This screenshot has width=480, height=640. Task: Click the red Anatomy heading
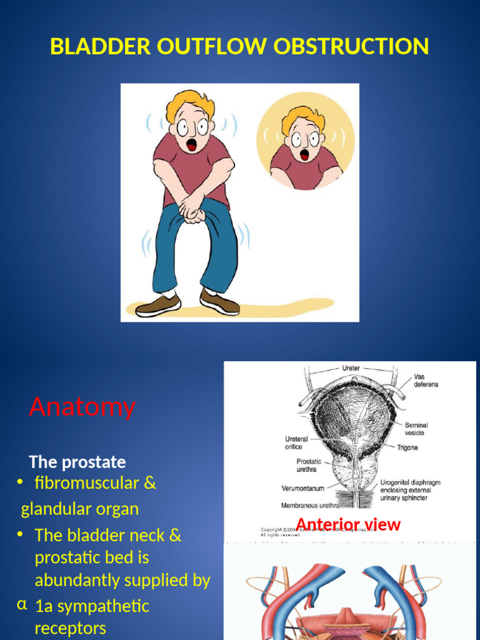82,407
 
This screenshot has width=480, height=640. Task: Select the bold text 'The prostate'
77,462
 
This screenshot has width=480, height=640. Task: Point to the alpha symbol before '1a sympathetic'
22,604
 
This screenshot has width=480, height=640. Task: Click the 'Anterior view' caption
347,524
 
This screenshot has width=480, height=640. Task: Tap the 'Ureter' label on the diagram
351,368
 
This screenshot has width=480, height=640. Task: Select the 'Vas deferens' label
426,381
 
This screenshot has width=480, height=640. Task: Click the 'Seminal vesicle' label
416,429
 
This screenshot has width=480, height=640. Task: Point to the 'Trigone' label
407,447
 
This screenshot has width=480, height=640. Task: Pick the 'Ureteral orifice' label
297,443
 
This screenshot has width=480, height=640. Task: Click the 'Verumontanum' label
302,488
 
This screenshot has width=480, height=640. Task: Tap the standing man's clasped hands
192,212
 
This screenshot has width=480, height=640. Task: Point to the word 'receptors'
70,628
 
